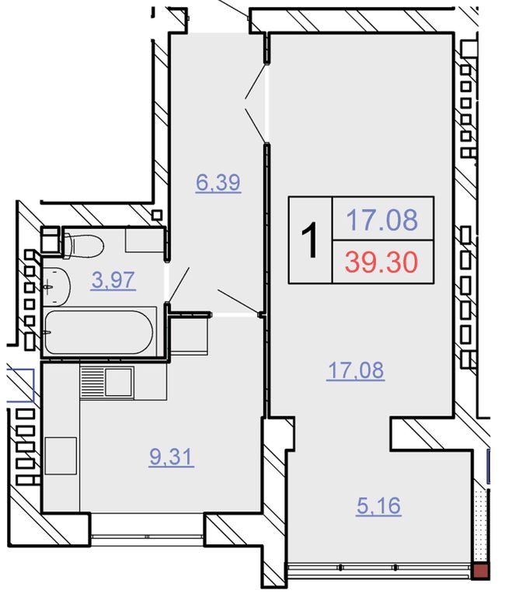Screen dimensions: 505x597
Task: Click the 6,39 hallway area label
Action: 218,182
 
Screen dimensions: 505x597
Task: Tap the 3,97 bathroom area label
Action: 113,280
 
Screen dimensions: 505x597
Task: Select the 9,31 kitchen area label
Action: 172,456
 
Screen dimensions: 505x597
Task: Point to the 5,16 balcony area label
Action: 379,505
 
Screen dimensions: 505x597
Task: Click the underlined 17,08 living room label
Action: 356,371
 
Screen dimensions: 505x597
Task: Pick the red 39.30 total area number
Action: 381,262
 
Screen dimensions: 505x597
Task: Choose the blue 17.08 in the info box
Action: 382,220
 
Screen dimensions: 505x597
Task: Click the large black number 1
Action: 309,241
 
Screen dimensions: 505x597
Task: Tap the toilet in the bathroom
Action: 83,246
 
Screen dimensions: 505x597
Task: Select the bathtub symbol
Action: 99,332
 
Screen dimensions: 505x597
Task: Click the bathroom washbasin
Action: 57,286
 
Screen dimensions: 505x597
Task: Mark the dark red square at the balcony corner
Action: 481,572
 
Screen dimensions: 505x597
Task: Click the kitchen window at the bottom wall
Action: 148,536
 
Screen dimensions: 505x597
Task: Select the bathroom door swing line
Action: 179,284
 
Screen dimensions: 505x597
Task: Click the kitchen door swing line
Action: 239,301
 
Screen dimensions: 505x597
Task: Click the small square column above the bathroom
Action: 157,215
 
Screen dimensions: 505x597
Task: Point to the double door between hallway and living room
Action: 256,102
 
